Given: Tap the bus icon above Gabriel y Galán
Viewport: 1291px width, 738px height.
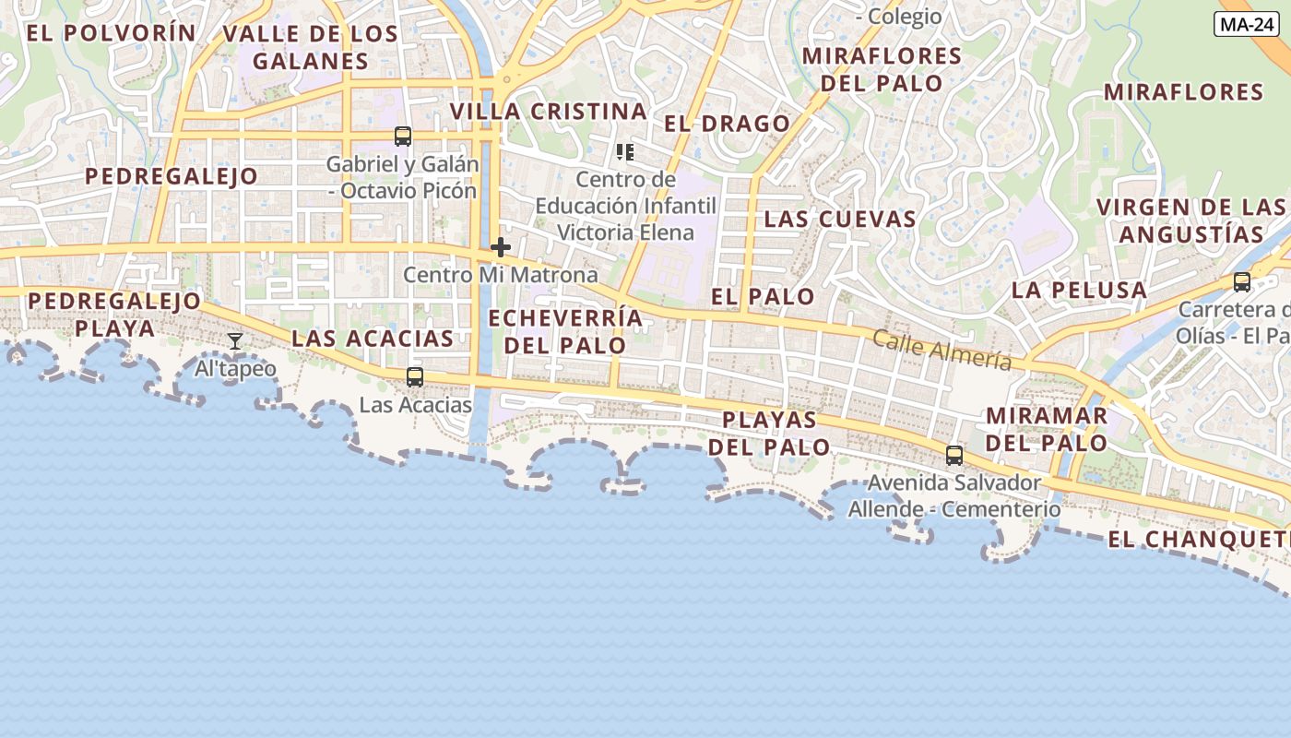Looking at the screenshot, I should (x=403, y=137).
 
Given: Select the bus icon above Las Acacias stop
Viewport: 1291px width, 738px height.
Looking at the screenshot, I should (x=415, y=376).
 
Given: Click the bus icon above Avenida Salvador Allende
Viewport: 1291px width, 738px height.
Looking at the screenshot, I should (x=954, y=455).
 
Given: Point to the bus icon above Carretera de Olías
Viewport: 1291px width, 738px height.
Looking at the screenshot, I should (x=1242, y=282).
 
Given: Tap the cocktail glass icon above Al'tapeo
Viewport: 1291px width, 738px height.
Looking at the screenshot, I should (x=235, y=341).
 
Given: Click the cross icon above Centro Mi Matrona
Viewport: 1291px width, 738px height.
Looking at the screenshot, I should (x=501, y=247).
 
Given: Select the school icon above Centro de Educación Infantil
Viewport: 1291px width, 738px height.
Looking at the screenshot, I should (x=625, y=151).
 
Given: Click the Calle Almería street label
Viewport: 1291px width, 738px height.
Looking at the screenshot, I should (x=942, y=351).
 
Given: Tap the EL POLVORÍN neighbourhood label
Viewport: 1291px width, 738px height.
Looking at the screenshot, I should (x=111, y=33).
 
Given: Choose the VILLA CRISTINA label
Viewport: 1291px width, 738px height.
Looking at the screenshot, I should (x=548, y=112).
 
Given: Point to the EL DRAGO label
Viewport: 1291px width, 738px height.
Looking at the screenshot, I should (x=727, y=124).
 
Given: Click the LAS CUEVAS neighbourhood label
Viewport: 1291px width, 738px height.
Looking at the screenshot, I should (x=840, y=219).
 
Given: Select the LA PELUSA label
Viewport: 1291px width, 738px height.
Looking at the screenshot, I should (x=1079, y=290).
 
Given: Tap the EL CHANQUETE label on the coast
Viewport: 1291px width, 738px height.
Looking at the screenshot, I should (x=1198, y=539).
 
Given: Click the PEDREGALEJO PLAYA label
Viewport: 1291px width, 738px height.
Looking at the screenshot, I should (x=114, y=315).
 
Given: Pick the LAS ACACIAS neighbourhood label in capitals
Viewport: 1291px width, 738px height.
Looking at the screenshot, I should (x=373, y=339).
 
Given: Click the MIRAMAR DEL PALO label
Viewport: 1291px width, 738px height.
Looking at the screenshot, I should (x=1047, y=429).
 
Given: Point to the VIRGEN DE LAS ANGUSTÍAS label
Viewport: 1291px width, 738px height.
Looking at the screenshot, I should (x=1190, y=220).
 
